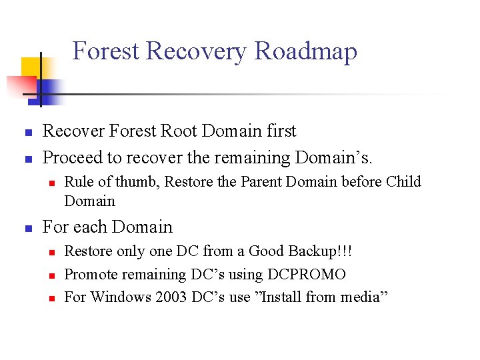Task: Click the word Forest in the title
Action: pos(105,51)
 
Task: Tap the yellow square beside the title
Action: pos(31,67)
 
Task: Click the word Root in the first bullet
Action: pos(179,131)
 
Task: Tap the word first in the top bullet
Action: pos(280,131)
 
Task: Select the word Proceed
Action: pos(73,158)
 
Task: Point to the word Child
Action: pos(403,182)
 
